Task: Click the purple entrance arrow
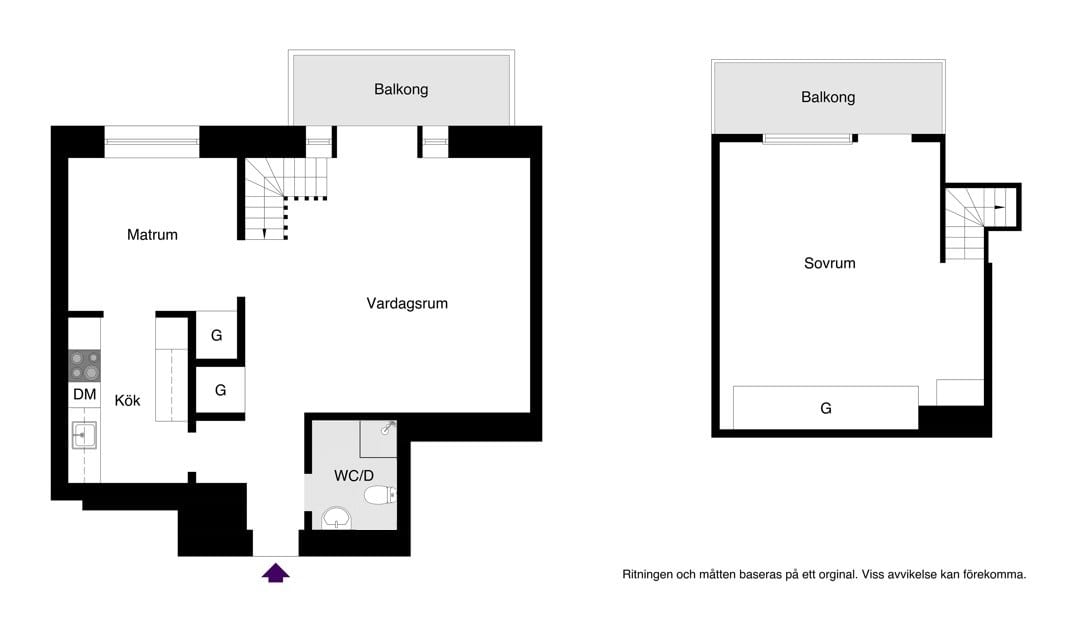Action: pyautogui.click(x=275, y=572)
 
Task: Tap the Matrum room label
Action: pyautogui.click(x=152, y=235)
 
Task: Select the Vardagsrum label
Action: pyautogui.click(x=407, y=303)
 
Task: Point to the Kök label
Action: pyautogui.click(x=127, y=400)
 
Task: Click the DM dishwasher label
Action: pyautogui.click(x=84, y=395)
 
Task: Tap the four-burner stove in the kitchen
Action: pyautogui.click(x=84, y=365)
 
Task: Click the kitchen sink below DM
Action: pyautogui.click(x=84, y=435)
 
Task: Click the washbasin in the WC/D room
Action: pyautogui.click(x=337, y=518)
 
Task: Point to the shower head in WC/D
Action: pyautogui.click(x=389, y=427)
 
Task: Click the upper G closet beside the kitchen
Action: pyautogui.click(x=217, y=336)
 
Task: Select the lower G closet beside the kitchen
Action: pyautogui.click(x=220, y=390)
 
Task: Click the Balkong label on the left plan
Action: pyautogui.click(x=401, y=89)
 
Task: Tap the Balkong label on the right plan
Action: pyautogui.click(x=828, y=97)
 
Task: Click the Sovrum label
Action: pyautogui.click(x=830, y=264)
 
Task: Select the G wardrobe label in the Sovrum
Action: pyautogui.click(x=826, y=408)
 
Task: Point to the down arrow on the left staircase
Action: pyautogui.click(x=264, y=232)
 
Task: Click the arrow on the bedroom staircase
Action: pyautogui.click(x=999, y=206)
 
